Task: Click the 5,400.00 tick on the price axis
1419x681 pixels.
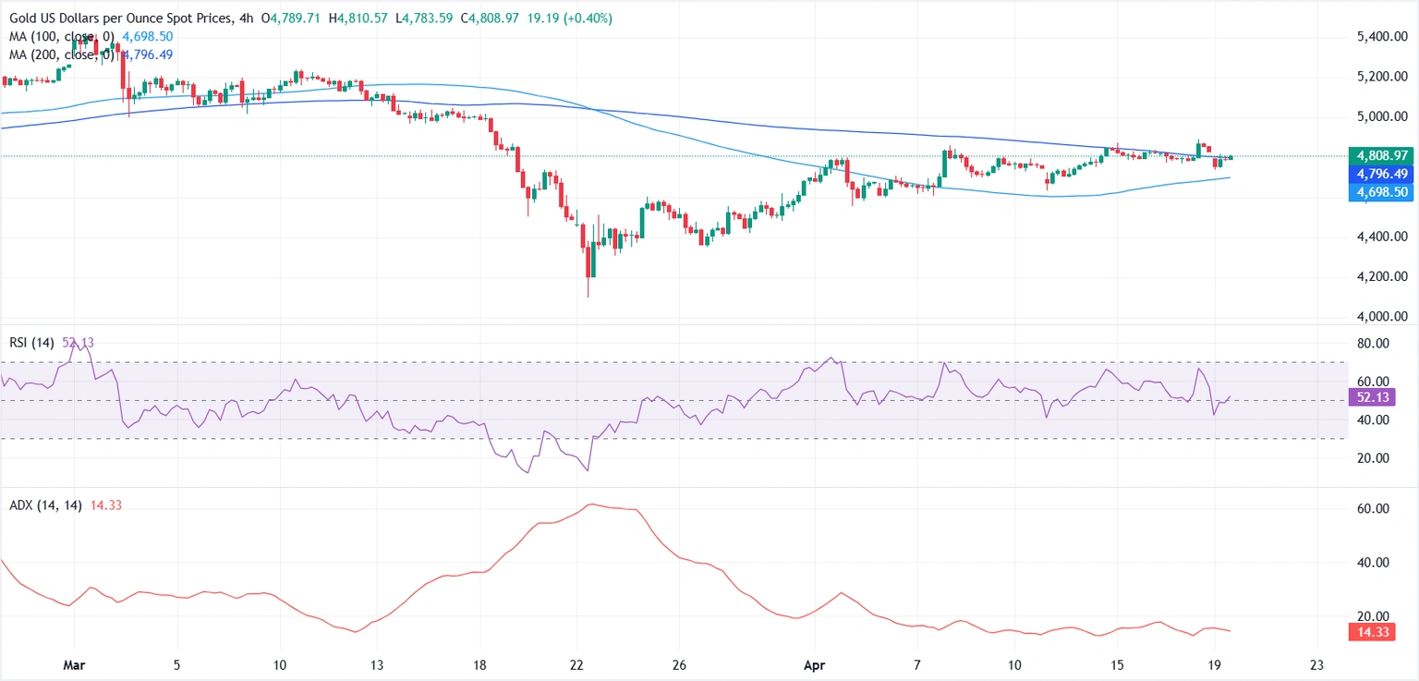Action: coord(1381,37)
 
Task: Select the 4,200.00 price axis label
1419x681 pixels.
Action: coord(1381,276)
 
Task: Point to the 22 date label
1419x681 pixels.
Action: coord(576,664)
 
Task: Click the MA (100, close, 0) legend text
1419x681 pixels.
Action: coord(59,37)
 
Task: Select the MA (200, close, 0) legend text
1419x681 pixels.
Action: coord(59,55)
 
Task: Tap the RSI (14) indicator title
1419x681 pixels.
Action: coord(30,343)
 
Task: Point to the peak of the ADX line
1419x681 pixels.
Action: coord(592,505)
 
